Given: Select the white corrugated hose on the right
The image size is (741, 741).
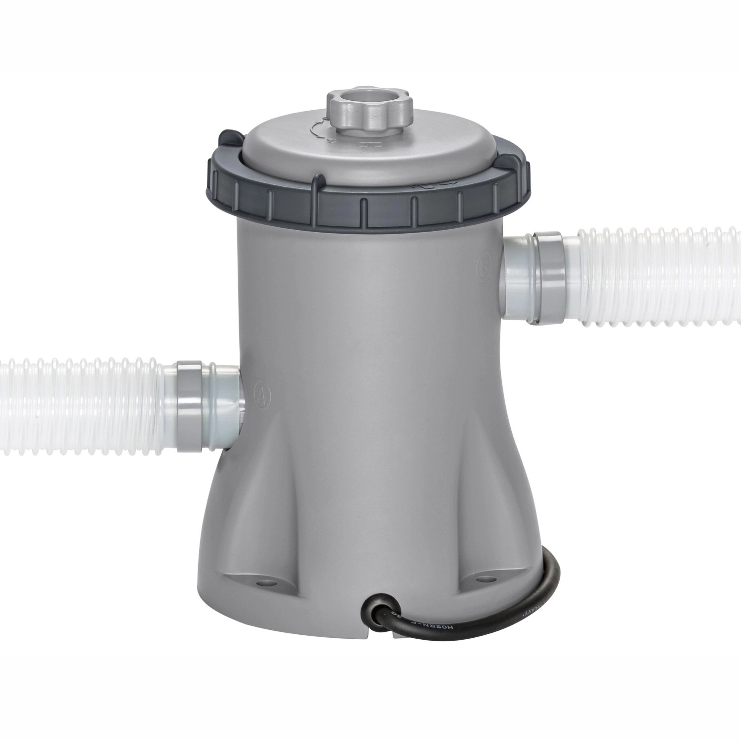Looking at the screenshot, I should pyautogui.click(x=657, y=277).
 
